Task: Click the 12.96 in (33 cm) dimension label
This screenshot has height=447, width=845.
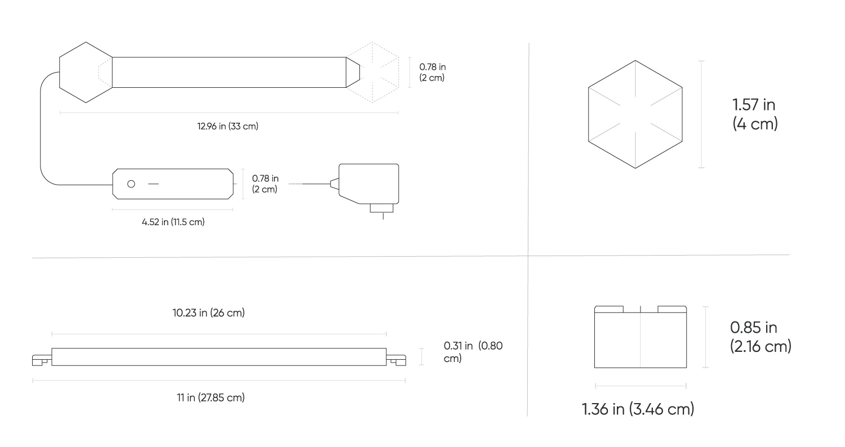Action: coord(228,127)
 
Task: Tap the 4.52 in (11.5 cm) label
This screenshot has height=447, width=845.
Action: coord(173,222)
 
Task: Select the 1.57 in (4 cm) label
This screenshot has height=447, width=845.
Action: coord(755,114)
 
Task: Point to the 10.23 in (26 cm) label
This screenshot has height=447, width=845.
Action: coord(208,313)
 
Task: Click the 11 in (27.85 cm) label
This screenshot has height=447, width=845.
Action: coord(211,398)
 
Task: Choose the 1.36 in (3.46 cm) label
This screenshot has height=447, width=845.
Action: coord(638,409)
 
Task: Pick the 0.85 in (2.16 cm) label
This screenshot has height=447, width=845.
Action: coord(760,337)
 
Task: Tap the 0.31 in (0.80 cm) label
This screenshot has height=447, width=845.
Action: coord(473,352)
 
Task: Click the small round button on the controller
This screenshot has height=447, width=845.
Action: coord(131,184)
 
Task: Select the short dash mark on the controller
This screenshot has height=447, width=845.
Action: coord(153,184)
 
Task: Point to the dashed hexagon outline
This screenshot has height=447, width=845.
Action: coord(378,71)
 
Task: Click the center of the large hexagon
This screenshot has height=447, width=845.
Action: coord(635,114)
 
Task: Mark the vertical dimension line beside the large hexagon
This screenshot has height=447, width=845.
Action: coord(701,114)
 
